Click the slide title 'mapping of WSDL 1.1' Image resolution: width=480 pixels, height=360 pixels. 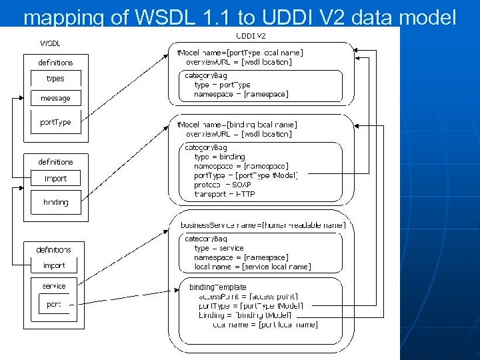pos(239,16)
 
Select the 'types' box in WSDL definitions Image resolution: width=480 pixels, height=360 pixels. pos(55,79)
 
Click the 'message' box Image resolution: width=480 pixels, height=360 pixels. pos(55,98)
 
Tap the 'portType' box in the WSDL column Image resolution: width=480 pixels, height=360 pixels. pos(55,122)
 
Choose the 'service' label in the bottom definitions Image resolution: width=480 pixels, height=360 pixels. pos(54,286)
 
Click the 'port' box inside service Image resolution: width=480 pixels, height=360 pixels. pos(54,304)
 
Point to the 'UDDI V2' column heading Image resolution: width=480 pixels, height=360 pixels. pos(251,36)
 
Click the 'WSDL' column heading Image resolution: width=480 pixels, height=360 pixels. pos(51,43)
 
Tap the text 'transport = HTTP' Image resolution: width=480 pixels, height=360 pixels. pos(225,194)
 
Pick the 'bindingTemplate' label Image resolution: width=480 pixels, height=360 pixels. pos(218,287)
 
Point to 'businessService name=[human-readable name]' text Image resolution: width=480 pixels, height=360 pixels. pos(263,225)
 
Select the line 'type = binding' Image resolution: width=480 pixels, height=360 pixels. pos(219,157)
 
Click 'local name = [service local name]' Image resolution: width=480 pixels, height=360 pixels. pos(252,267)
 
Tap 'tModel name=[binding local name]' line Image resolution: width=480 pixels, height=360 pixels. pos(237,125)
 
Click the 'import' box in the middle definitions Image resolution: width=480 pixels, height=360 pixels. pos(55,179)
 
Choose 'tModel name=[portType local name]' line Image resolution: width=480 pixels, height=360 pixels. pos(239,52)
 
